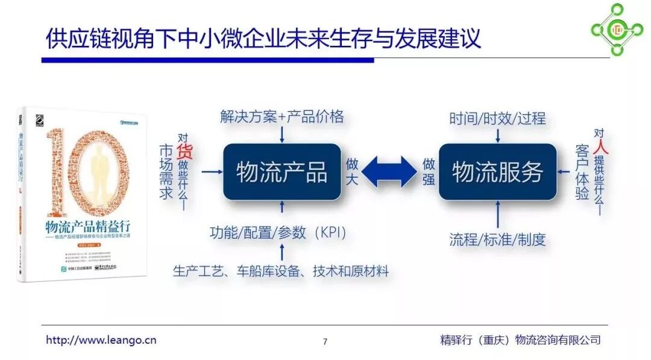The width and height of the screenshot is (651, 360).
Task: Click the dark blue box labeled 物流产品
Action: click(282, 172)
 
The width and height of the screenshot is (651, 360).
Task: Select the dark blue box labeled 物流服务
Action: click(497, 172)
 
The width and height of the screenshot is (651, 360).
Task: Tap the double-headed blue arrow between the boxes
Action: click(389, 172)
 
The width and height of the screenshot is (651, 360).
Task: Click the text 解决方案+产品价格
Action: click(282, 116)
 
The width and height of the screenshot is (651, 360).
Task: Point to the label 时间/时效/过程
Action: click(497, 118)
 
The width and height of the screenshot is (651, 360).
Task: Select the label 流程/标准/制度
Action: click(497, 239)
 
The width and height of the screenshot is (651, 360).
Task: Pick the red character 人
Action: click(599, 148)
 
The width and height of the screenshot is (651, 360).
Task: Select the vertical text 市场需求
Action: click(166, 171)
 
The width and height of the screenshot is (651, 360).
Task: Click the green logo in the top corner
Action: click(616, 28)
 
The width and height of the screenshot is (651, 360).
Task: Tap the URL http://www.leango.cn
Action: click(101, 340)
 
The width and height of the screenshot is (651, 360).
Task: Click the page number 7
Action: click(325, 341)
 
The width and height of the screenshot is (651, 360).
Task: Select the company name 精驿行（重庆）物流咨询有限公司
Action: click(520, 340)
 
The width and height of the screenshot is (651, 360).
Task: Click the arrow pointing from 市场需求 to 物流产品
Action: click(211, 172)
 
